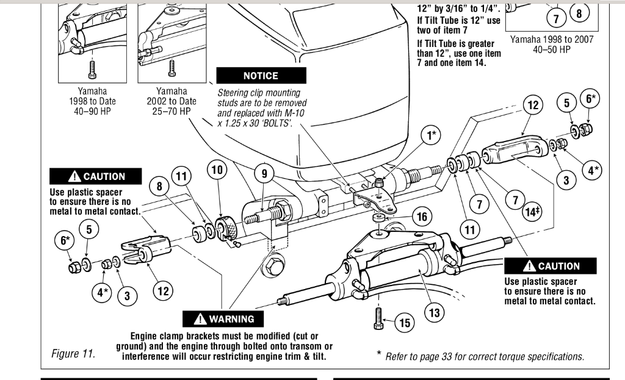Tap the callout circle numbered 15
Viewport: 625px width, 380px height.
(x=404, y=323)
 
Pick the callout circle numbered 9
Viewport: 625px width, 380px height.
(x=264, y=174)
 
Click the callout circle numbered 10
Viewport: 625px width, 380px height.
(x=217, y=169)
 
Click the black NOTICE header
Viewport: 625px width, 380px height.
(x=261, y=76)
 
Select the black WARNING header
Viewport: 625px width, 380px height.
(x=225, y=319)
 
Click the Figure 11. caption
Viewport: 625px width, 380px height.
(x=74, y=353)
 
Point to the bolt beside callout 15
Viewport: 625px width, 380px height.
(x=377, y=318)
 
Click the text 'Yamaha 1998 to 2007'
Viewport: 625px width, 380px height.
(x=552, y=40)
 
